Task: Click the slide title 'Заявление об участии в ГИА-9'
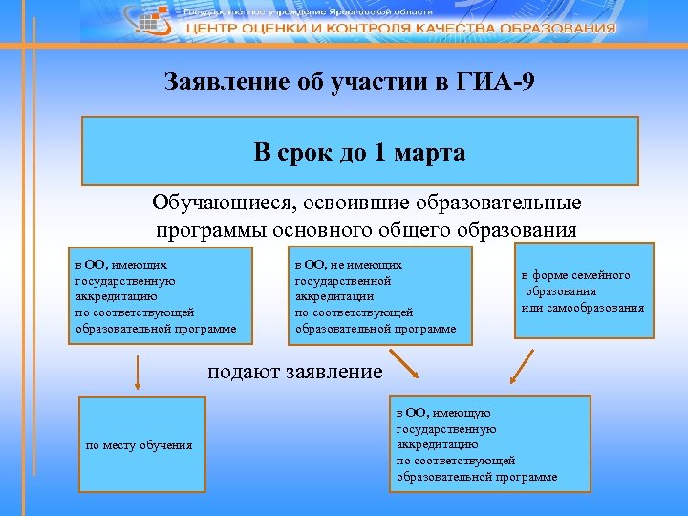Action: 350,81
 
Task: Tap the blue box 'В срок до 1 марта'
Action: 359,151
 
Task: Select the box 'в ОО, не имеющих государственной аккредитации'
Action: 379,296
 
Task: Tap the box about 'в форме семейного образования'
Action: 584,290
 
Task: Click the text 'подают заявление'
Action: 295,371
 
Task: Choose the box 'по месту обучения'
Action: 140,444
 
